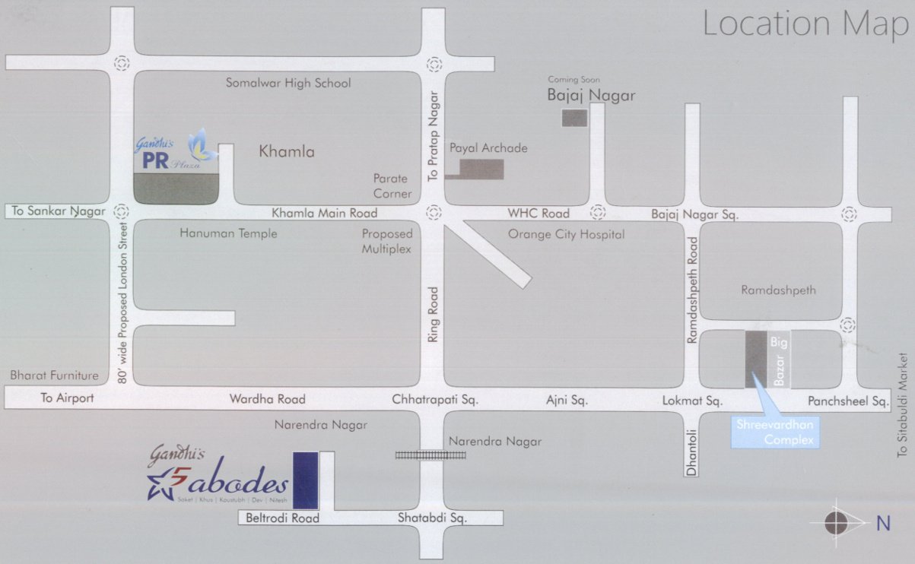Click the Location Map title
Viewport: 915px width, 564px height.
pyautogui.click(x=805, y=24)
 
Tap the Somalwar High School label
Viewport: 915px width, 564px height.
pyautogui.click(x=288, y=83)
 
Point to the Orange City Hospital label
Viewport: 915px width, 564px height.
pyautogui.click(x=566, y=235)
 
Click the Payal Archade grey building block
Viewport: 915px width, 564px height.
pyautogui.click(x=481, y=170)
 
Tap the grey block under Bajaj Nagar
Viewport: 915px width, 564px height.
pyautogui.click(x=574, y=118)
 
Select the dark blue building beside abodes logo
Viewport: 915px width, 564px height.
pyautogui.click(x=305, y=480)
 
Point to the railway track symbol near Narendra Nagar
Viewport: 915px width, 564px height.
pyautogui.click(x=430, y=455)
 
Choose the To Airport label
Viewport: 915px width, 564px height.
pyautogui.click(x=67, y=398)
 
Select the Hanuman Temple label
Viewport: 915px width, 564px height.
pyautogui.click(x=228, y=233)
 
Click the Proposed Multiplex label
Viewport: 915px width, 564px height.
pyautogui.click(x=386, y=242)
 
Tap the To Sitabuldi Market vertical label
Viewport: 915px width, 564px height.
pyautogui.click(x=902, y=404)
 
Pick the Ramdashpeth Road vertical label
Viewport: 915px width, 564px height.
pyautogui.click(x=692, y=290)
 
